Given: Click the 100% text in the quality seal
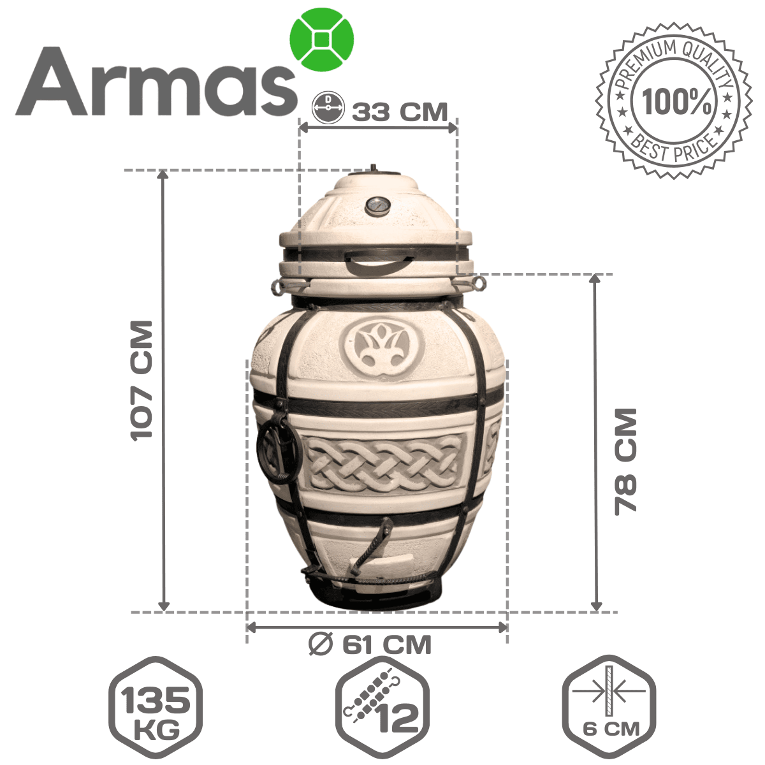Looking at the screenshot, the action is click(677, 101).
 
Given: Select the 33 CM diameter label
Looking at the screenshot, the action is click(400, 112).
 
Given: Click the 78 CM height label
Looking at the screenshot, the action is click(625, 462).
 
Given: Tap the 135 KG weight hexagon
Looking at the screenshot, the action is click(155, 708).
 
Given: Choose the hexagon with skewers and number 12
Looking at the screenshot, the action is click(382, 708).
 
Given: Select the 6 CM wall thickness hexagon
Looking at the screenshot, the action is click(609, 708).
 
